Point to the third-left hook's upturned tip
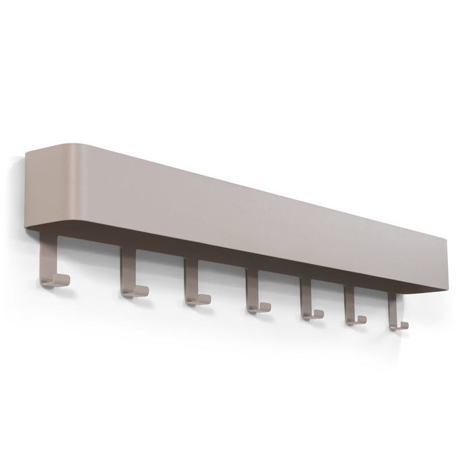(207, 297)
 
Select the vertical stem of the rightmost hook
(392, 305)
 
